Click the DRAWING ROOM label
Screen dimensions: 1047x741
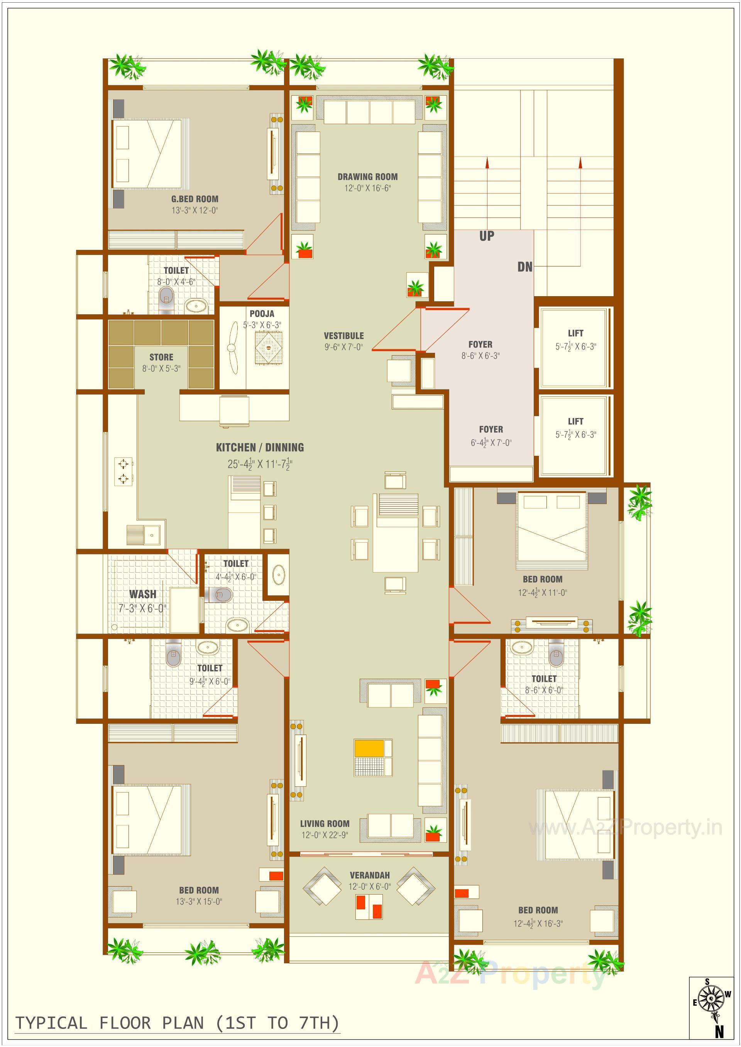coord(367,177)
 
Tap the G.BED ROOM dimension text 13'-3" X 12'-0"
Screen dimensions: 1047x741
coord(195,210)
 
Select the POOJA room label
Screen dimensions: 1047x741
coord(262,314)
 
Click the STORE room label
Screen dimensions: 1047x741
coord(161,357)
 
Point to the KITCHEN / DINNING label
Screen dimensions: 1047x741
coord(260,447)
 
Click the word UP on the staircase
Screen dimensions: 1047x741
coord(486,236)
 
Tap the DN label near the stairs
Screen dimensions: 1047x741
coord(525,267)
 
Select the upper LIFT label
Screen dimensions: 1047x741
coord(575,333)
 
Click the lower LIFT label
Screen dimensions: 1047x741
coord(575,421)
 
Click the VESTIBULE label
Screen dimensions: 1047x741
coord(343,336)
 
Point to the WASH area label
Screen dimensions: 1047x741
coord(142,594)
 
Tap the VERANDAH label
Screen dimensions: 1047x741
coord(370,875)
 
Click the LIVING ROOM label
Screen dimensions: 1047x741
coord(325,824)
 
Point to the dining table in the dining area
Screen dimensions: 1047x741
coord(395,534)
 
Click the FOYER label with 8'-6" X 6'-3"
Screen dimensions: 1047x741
coord(480,345)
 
